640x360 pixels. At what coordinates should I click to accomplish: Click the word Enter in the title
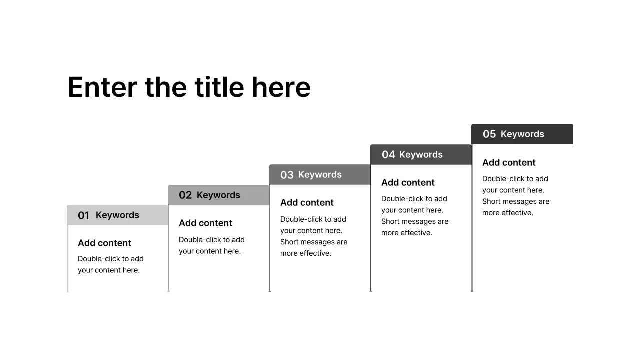102,88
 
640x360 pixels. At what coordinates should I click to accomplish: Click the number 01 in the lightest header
83,216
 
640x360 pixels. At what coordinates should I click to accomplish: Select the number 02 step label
185,195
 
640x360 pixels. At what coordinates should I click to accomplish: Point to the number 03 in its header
287,175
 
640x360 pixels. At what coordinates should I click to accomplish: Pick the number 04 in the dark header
388,155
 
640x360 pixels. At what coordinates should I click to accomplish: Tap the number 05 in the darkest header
489,134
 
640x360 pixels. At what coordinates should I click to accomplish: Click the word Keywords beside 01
117,215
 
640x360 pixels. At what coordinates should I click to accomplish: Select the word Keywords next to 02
218,195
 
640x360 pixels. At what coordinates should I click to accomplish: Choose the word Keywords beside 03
320,175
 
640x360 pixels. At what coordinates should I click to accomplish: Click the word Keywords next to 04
421,155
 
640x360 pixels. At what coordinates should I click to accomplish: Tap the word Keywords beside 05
522,134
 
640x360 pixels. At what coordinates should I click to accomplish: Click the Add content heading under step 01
104,243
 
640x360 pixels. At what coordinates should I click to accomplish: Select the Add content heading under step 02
205,223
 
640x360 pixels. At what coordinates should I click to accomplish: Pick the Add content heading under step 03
307,203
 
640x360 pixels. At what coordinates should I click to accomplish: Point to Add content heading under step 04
408,183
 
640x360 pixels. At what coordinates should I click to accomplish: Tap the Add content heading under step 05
509,163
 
